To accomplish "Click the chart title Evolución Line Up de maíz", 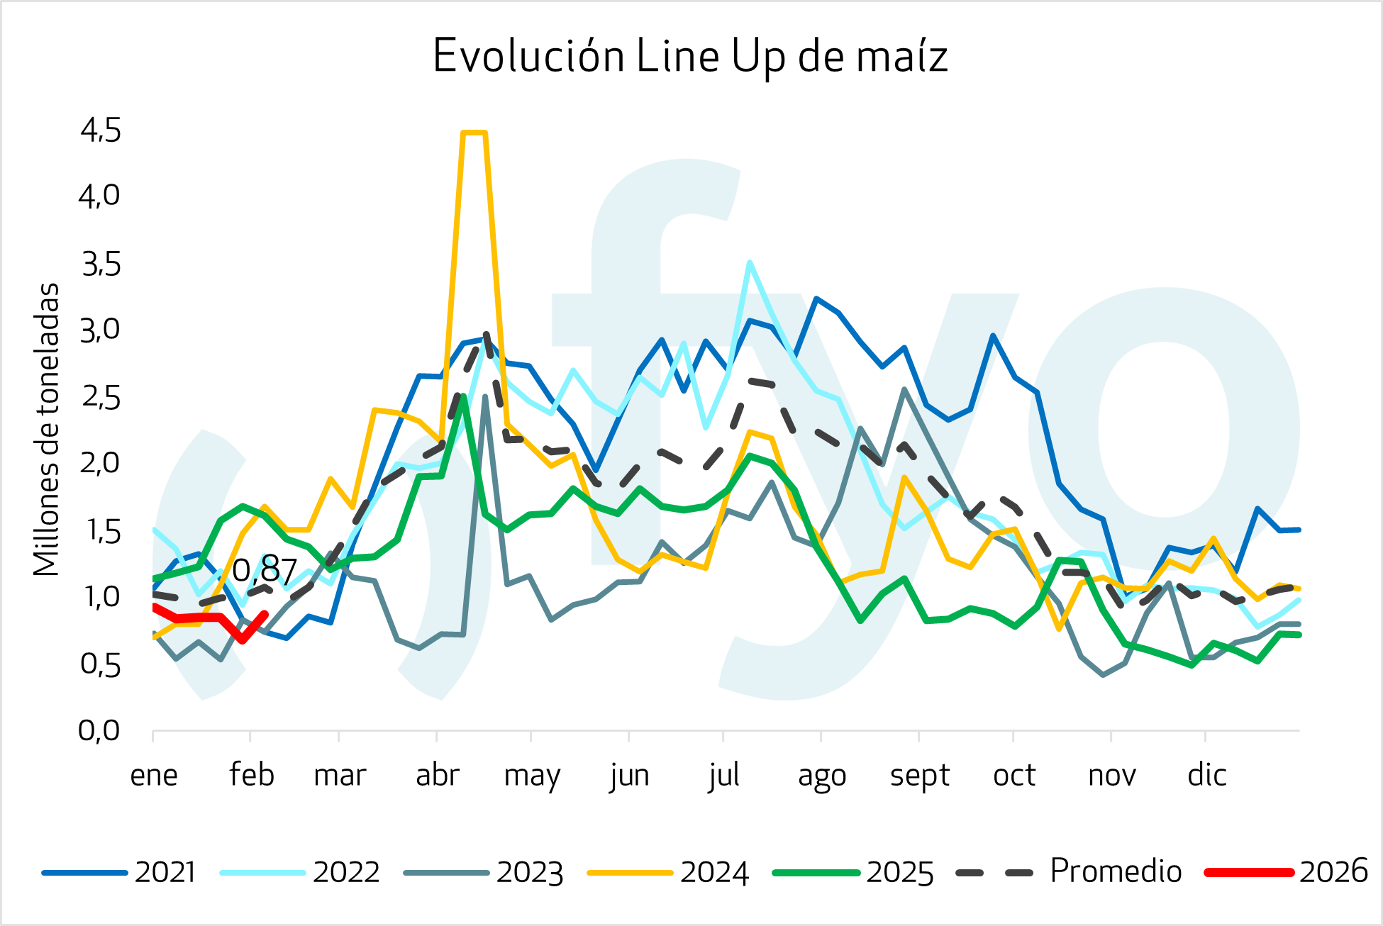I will click(690, 56).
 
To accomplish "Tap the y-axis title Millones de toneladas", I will click(47, 430).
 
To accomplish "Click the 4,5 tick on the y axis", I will click(101, 130).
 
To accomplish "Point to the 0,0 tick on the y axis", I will click(99, 730).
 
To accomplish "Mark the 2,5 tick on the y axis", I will click(101, 397).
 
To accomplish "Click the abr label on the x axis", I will click(438, 775).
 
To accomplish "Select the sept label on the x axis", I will click(920, 775).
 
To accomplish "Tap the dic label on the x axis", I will click(1207, 775).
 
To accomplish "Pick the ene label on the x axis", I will click(154, 775).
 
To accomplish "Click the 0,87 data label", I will click(264, 571).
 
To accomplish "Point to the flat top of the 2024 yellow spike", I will click(474, 133).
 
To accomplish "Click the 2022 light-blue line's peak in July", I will click(750, 262).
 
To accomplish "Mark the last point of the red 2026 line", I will click(265, 614).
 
